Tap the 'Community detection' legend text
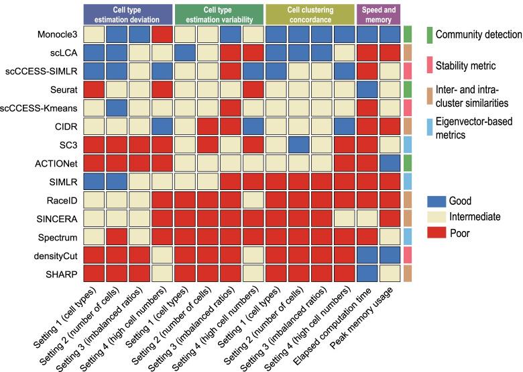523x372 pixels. point(478,34)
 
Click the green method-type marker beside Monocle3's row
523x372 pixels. point(408,34)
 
